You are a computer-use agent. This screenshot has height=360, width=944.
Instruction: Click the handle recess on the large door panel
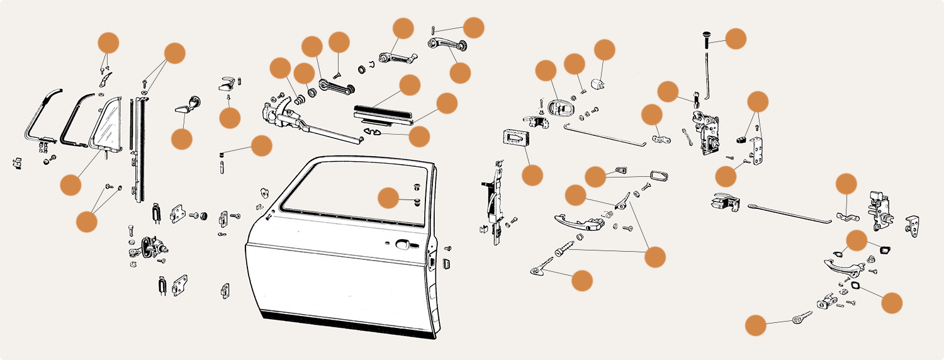(x=403, y=244)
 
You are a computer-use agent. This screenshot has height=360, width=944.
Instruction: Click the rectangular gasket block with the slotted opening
(x=515, y=140)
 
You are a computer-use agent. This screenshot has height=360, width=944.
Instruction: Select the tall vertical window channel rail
(x=137, y=151)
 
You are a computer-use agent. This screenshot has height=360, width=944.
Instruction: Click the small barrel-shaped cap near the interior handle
(x=598, y=84)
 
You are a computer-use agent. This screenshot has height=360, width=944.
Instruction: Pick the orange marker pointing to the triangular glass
(x=70, y=184)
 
